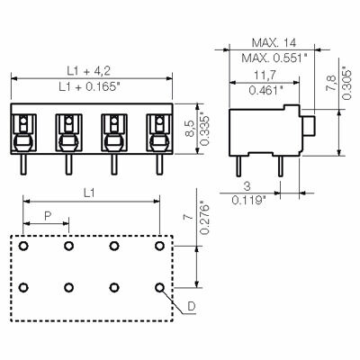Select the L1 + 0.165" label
click(x=91, y=87)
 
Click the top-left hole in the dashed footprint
click(x=24, y=245)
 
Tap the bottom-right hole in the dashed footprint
click(x=159, y=288)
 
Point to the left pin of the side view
click(x=242, y=163)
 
